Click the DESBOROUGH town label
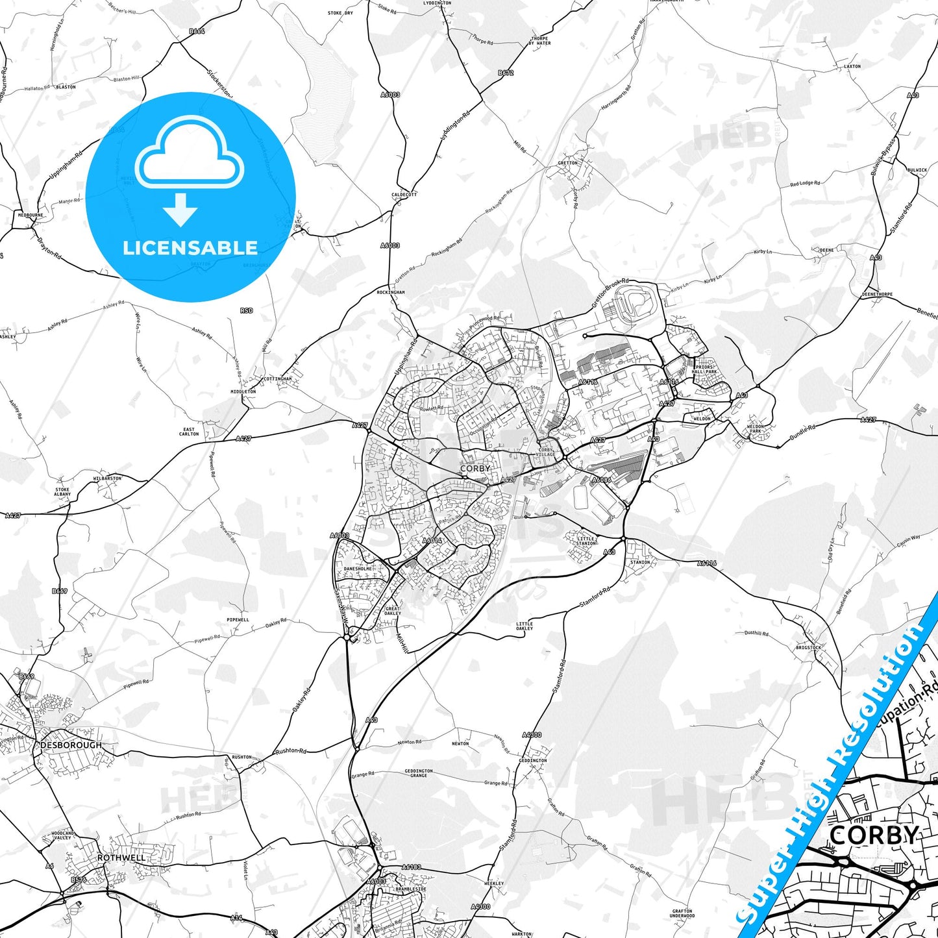coord(71,745)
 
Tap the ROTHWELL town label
coord(121,858)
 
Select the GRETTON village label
coord(567,163)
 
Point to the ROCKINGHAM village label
coord(391,293)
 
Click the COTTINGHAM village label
coord(278,379)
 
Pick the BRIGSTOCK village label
coord(808,648)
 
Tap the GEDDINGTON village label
coord(533,761)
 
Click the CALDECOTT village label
coord(404,195)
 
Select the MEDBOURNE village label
coord(31,215)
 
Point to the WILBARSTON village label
coord(107,478)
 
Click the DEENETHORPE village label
coord(877,294)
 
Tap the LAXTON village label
coord(852,66)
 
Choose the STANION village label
coord(639,562)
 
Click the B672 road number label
coord(506,73)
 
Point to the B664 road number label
coord(197,31)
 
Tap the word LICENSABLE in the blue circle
coord(190,248)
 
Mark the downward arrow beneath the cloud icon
coord(180,210)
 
